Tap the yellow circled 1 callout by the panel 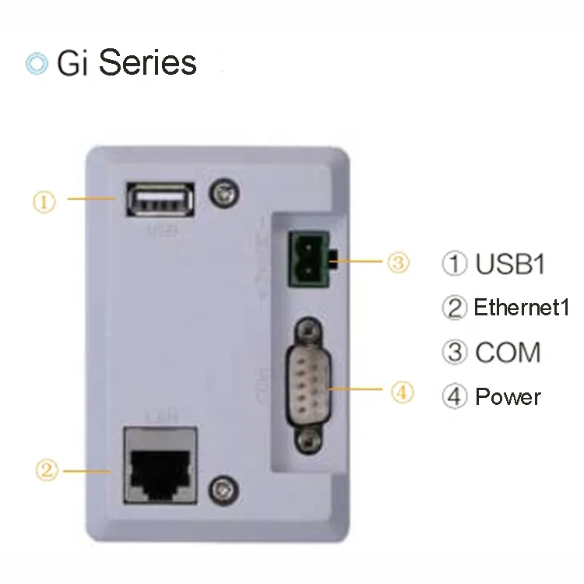tap(44, 202)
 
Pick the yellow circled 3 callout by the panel tap(398, 262)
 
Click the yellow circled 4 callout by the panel tap(402, 393)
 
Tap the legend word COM tap(507, 352)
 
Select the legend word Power tap(508, 397)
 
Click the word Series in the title tap(148, 62)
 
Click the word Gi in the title tap(74, 62)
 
